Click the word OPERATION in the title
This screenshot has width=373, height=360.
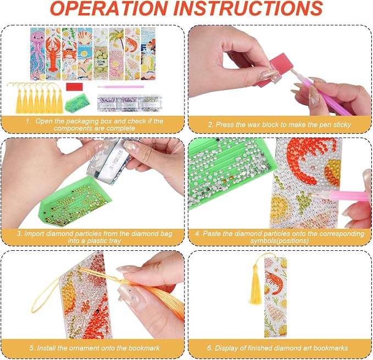tap(109, 9)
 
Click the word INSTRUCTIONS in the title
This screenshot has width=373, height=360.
tap(248, 9)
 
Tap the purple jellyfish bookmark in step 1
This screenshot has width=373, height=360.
tap(38, 53)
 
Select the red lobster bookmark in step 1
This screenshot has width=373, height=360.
tap(53, 53)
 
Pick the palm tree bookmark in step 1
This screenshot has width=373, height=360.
tap(116, 53)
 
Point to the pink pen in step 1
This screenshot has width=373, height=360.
tap(121, 87)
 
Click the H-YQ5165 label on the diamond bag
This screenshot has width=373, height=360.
tap(116, 160)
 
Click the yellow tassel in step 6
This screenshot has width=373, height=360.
tap(255, 283)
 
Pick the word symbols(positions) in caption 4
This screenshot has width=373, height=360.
tap(279, 241)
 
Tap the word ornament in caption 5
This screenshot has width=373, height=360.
tap(86, 348)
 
